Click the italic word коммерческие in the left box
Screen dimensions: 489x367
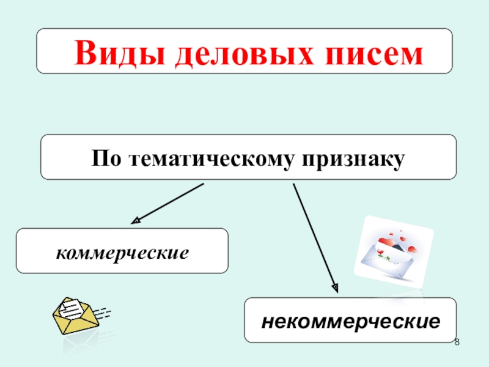click(x=122, y=251)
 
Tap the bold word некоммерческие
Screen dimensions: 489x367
click(x=351, y=321)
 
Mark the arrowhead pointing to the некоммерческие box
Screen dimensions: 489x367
click(x=334, y=284)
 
